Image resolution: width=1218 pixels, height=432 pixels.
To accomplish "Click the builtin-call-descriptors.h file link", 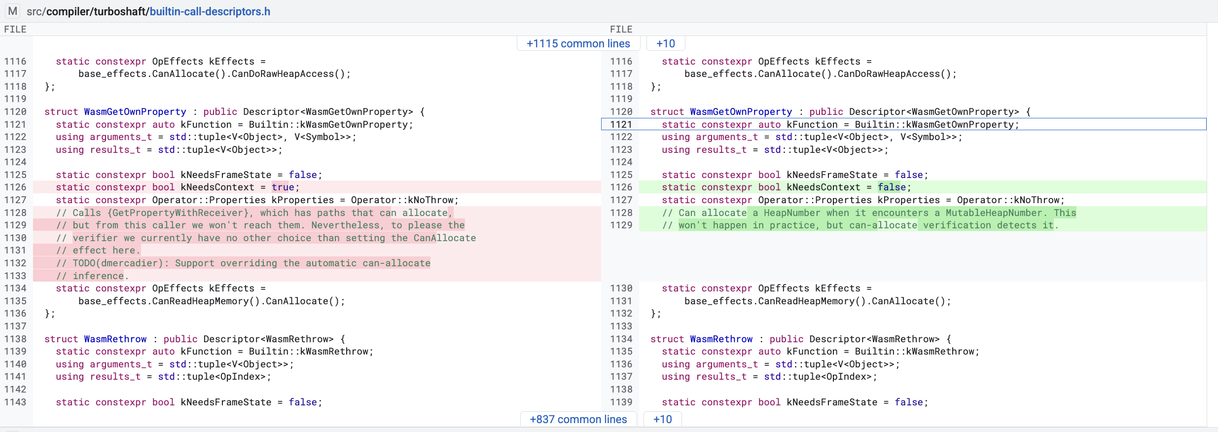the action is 210,11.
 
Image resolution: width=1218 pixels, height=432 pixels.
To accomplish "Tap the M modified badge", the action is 13,11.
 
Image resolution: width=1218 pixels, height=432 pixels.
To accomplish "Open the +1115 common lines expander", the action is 578,43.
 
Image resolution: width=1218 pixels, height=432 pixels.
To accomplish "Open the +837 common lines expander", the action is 578,419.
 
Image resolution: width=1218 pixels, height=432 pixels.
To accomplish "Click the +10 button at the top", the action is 666,43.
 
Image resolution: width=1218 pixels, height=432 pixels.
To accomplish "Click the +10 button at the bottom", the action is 663,419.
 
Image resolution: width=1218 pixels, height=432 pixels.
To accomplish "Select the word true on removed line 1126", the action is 283,187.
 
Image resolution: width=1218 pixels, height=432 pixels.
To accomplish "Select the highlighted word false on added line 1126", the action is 892,187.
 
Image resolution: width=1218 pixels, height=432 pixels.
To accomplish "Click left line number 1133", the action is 15,276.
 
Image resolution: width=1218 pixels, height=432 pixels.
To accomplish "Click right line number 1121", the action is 621,124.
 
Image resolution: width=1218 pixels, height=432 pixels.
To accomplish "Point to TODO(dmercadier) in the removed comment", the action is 118,263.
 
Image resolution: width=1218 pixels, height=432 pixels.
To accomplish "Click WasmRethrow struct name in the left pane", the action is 115,339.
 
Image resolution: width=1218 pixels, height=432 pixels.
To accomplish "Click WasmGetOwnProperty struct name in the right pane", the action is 741,111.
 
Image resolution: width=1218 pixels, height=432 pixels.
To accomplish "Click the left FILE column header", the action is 15,29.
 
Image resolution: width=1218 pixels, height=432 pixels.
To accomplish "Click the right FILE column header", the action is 621,29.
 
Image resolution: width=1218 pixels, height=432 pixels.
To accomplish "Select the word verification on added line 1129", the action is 957,225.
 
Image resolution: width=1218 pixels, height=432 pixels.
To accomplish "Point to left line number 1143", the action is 15,402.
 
